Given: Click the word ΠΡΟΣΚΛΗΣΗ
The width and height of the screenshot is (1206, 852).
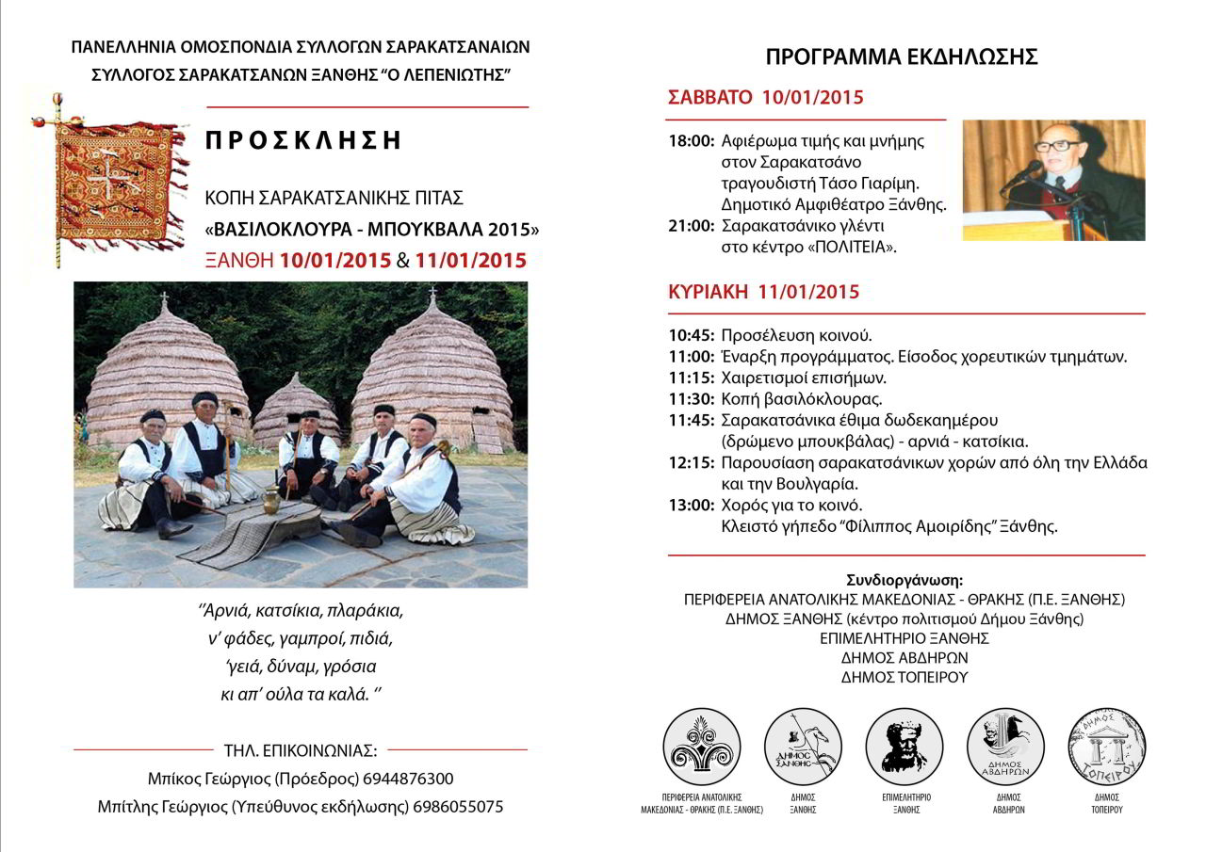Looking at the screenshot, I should tap(303, 140).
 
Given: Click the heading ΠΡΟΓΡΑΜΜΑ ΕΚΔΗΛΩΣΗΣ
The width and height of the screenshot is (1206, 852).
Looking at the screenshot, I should tap(902, 56).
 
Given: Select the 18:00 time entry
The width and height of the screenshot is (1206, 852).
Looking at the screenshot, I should tap(691, 141).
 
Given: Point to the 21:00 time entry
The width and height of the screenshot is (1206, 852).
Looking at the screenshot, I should tap(691, 226).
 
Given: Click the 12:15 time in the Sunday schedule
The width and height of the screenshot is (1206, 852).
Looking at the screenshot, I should tap(691, 462).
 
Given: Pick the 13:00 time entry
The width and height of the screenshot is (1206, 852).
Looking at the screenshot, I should tap(691, 505).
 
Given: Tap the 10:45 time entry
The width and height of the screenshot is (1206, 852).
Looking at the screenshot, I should tap(691, 335).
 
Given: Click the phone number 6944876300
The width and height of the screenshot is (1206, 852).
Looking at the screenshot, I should tap(409, 779).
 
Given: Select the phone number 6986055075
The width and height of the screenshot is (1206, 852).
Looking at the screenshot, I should tap(459, 807).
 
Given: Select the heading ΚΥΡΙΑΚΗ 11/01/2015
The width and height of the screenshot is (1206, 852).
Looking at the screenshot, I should tap(763, 292).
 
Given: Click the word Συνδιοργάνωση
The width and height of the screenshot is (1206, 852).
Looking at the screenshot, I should tap(904, 579).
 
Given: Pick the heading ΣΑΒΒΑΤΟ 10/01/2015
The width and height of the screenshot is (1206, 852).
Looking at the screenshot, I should tap(765, 97).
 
